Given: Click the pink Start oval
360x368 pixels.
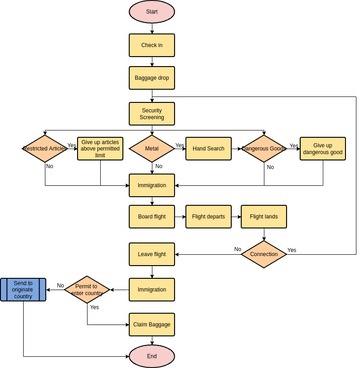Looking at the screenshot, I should [152, 12].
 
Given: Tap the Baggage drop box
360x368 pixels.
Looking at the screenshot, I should [152, 78].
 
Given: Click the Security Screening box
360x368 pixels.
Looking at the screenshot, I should [152, 113].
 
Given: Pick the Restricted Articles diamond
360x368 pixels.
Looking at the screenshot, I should [43, 149].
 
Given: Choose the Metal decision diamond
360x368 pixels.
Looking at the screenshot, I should [152, 149].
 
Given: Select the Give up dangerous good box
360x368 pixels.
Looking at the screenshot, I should [322, 149].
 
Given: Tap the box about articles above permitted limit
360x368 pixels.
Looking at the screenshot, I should [100, 149].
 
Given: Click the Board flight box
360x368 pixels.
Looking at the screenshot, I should [152, 217].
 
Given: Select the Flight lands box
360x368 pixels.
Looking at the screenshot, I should [265, 217].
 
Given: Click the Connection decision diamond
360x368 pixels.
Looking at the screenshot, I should [265, 253].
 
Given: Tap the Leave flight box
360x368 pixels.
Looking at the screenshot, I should [152, 254].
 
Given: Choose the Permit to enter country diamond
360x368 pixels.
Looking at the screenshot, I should [87, 290].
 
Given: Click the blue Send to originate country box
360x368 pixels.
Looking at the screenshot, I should [24, 290].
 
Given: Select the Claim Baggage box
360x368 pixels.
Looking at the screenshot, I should [152, 324].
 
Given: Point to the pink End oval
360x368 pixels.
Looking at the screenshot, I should [152, 356].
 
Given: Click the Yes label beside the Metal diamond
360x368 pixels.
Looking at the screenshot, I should [180, 145].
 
